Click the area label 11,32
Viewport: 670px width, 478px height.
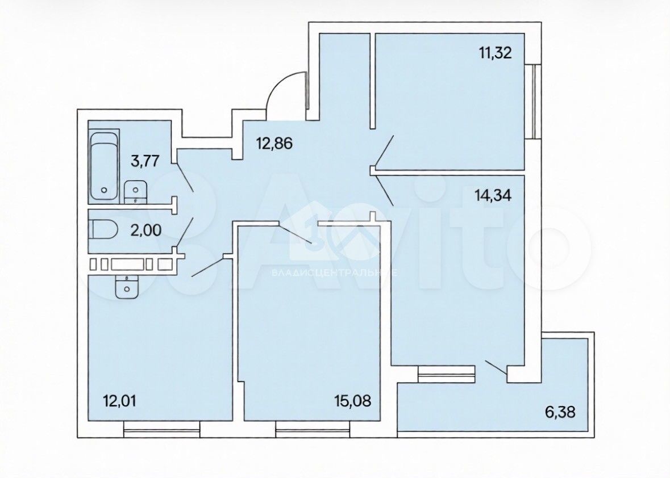(495, 54)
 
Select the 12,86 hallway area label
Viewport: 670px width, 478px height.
(274, 144)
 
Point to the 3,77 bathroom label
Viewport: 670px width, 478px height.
(145, 161)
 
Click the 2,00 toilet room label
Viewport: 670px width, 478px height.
(146, 231)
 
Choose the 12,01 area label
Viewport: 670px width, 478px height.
(120, 401)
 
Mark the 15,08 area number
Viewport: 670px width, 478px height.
(353, 401)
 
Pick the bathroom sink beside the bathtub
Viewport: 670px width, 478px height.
(135, 192)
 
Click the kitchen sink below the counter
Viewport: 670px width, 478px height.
(127, 287)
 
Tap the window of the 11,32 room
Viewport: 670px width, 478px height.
(533, 102)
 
